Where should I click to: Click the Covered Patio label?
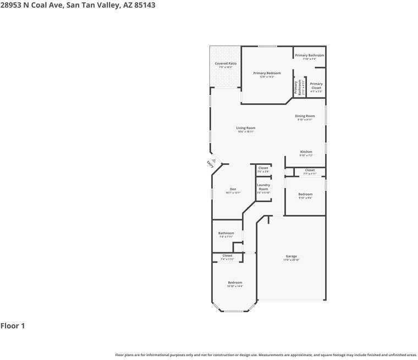click(226, 64)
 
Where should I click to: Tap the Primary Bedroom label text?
click(267, 73)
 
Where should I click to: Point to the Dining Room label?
click(305, 116)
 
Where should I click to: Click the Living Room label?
click(246, 128)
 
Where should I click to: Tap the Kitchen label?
click(306, 152)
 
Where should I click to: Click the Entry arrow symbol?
click(214, 161)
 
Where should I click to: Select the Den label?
click(233, 189)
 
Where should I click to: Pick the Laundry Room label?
click(263, 187)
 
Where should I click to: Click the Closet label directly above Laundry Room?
click(263, 168)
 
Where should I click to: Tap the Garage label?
click(291, 257)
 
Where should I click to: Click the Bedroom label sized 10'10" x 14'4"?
click(235, 283)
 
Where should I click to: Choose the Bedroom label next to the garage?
click(305, 194)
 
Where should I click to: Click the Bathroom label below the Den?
click(226, 233)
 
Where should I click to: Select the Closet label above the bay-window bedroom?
click(227, 256)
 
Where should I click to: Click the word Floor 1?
click(13, 326)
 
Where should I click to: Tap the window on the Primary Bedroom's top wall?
click(268, 46)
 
